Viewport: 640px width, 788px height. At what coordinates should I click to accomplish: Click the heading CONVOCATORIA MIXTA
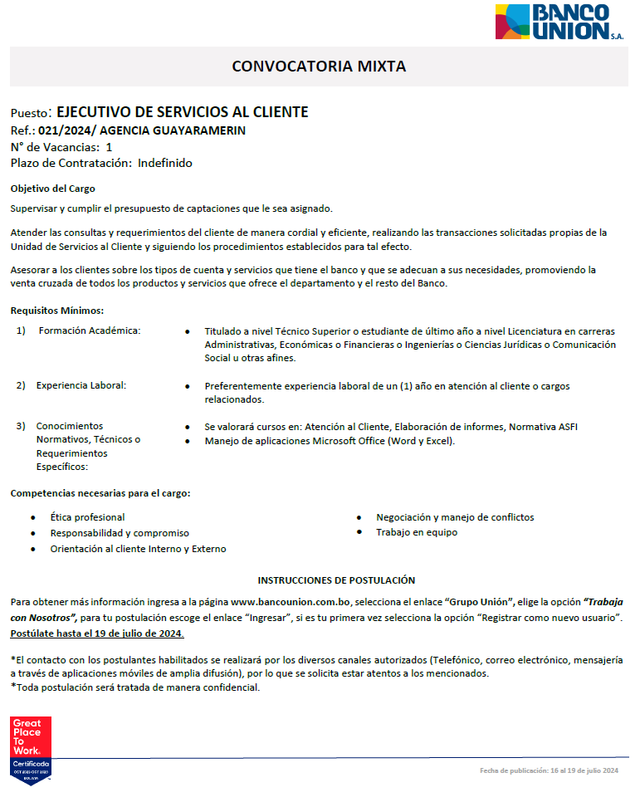pos(319,67)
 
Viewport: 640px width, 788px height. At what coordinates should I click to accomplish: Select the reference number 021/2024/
pos(67,130)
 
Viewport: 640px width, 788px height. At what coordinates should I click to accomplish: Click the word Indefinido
pos(165,163)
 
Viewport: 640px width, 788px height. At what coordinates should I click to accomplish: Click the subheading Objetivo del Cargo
pos(53,188)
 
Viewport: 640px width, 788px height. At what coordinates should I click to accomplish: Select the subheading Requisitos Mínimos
pos(57,310)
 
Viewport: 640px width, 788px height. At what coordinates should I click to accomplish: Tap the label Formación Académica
pos(89,330)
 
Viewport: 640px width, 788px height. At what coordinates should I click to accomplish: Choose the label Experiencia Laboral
pos(82,385)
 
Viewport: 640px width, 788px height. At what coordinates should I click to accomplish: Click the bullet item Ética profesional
pos(88,517)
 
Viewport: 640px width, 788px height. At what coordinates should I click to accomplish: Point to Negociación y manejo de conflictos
pos(454,517)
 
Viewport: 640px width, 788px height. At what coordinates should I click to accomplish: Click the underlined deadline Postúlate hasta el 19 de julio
pos(97,634)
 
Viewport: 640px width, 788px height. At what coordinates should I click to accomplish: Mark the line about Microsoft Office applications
pos(329,441)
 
